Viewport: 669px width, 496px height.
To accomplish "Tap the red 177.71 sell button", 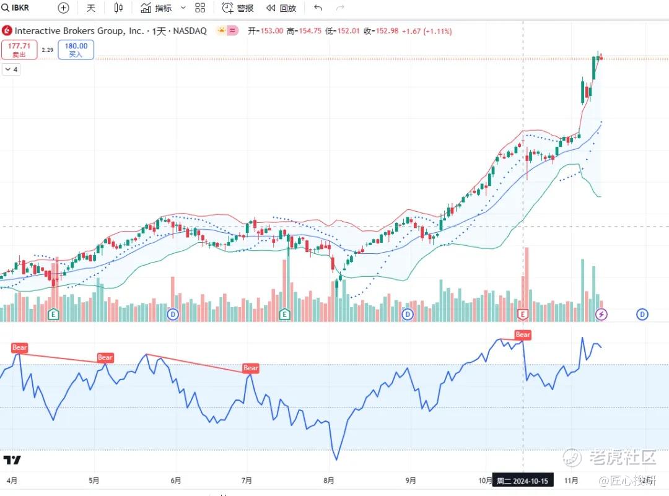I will click(x=19, y=50).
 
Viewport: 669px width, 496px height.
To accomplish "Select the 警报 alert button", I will click(x=238, y=8).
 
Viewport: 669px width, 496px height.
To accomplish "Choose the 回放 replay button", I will click(x=281, y=8).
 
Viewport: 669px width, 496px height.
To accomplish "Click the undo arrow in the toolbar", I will click(x=318, y=8).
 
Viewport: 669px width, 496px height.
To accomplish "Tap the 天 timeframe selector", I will click(x=91, y=8).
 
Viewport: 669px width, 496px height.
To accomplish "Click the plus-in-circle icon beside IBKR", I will click(x=63, y=8).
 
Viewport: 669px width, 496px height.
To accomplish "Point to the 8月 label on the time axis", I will click(x=329, y=480).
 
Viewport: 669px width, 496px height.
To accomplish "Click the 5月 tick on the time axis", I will click(x=94, y=480).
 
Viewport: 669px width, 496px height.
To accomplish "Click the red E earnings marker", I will click(x=523, y=315).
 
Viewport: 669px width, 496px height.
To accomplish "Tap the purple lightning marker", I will click(x=601, y=315).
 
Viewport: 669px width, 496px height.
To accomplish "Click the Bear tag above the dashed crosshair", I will click(x=523, y=335).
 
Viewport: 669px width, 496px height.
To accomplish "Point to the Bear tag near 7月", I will click(x=251, y=368).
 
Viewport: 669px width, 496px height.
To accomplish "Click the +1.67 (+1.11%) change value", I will click(x=427, y=31).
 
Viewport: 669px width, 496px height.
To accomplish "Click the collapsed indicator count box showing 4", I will click(x=11, y=70).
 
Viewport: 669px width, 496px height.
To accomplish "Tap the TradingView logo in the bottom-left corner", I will click(x=12, y=460).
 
